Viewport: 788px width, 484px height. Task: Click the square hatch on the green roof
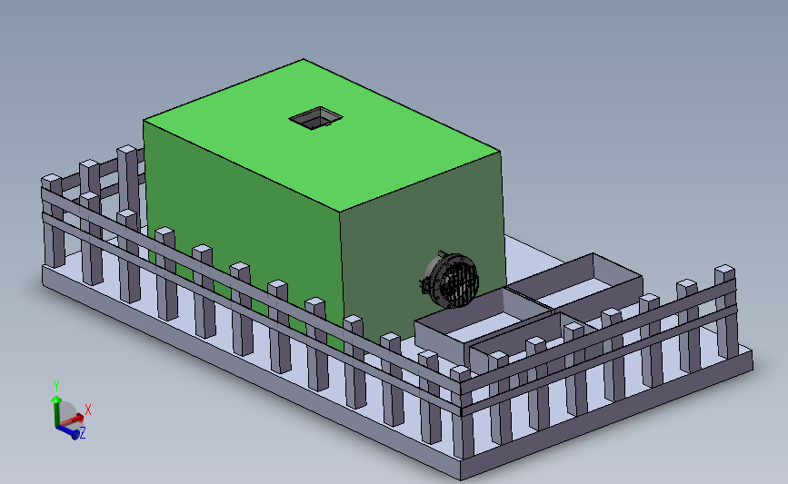[x=315, y=118]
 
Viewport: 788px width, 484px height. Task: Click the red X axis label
[x=88, y=410]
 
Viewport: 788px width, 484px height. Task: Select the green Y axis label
[x=56, y=386]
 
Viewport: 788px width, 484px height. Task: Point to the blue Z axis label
[x=83, y=432]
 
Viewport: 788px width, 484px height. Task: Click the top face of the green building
[x=322, y=135]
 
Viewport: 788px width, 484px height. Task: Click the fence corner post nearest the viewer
[x=462, y=412]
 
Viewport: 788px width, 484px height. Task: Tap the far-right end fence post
[x=726, y=311]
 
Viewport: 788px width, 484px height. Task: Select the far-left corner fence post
[x=53, y=221]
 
